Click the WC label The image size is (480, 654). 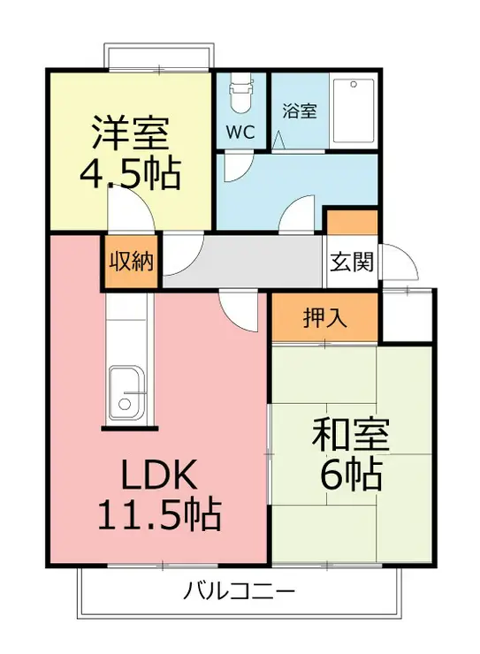[240, 133]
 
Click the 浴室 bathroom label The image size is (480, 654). [300, 110]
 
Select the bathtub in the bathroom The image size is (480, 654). [354, 110]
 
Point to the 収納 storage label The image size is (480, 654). [132, 262]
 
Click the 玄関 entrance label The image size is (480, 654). [352, 262]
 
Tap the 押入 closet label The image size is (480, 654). [325, 318]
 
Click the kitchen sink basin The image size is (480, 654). [126, 393]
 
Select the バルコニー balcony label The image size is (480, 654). [239, 591]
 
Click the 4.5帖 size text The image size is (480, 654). [131, 173]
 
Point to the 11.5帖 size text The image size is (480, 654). [159, 514]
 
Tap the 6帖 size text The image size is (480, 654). [351, 475]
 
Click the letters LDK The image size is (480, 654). [159, 475]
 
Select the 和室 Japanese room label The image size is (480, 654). [351, 435]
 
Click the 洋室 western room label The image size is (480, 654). [131, 133]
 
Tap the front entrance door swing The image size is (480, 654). [400, 262]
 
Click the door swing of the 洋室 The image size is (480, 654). [131, 209]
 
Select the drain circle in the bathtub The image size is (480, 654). [354, 84]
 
